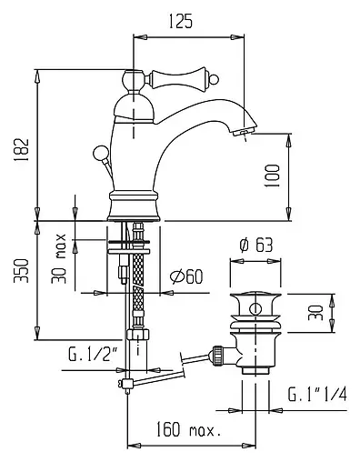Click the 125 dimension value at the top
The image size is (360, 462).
pos(180,22)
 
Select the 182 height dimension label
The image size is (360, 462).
pos(22,150)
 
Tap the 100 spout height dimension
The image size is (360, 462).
pos(272,176)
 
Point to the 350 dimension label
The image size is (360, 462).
pos(21,271)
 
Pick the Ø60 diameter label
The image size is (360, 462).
pos(186,276)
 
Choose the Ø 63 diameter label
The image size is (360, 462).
pos(256,245)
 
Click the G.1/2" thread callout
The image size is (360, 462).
pos(93,355)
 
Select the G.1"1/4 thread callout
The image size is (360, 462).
pos(317,394)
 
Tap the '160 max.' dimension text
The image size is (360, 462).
pos(188,429)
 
